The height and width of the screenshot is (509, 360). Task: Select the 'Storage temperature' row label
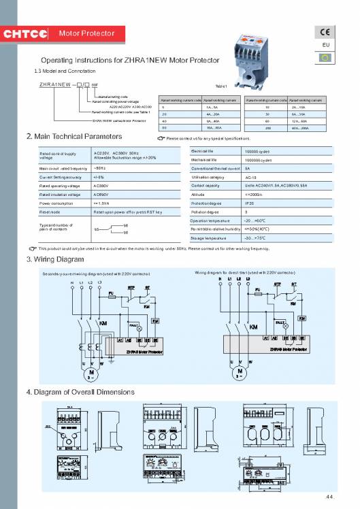coord(208,238)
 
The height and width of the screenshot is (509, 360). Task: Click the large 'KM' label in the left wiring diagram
coord(103,324)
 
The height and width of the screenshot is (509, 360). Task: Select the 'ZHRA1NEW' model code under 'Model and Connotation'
coord(55,85)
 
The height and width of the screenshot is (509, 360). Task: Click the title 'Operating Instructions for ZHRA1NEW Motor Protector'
coord(131,61)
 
